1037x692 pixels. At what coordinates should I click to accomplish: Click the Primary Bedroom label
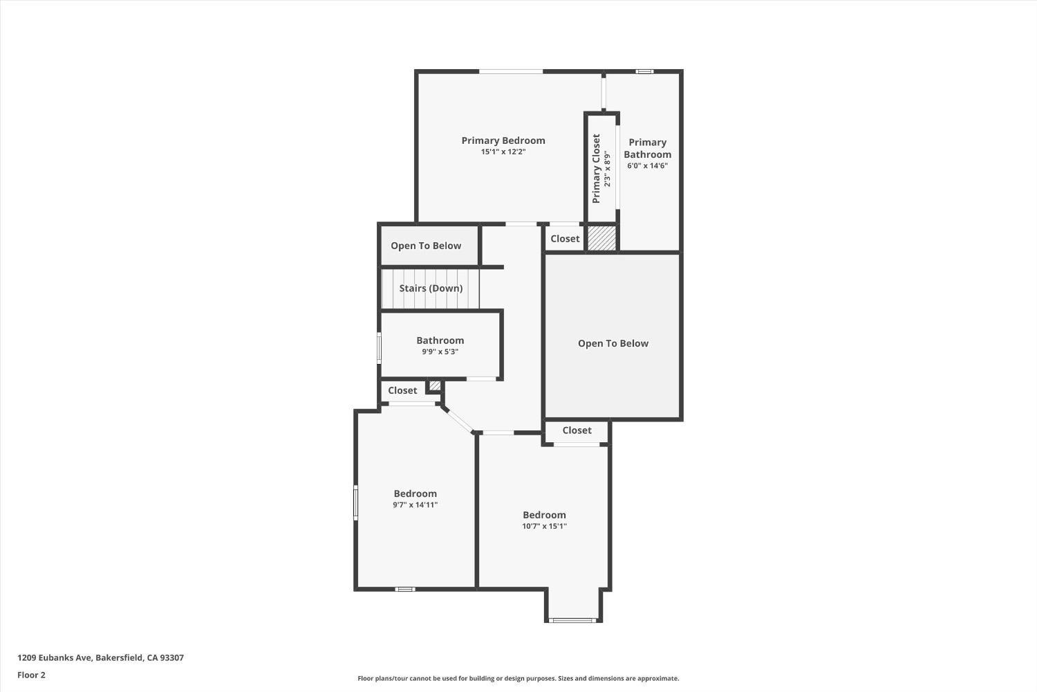coord(503,140)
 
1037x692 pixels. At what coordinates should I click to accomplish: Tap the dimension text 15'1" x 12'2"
coord(503,152)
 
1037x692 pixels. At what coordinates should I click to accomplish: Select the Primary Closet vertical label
coord(596,168)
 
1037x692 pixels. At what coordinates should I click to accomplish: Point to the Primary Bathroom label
coord(647,148)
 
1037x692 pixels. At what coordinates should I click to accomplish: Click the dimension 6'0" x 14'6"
coord(647,165)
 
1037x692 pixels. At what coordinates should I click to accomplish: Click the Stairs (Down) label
coord(431,289)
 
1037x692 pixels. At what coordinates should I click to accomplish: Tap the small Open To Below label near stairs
coord(426,246)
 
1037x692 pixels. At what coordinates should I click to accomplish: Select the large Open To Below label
coord(613,343)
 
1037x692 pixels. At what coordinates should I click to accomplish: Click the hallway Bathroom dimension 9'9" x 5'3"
coord(440,352)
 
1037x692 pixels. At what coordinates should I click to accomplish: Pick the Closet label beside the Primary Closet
coord(565,239)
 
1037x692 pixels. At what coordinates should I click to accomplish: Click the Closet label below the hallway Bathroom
coord(402,390)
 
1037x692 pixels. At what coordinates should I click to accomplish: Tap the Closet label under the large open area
coord(577,430)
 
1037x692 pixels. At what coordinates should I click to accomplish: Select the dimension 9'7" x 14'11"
coord(415,504)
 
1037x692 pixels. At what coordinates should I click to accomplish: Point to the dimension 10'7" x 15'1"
coord(544,526)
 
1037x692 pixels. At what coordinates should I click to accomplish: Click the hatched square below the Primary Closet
coord(601,239)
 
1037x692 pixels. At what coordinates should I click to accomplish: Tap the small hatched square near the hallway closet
coord(435,385)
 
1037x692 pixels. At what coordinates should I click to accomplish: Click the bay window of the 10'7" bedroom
coord(572,620)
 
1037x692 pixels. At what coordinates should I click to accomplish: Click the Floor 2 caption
coord(31,675)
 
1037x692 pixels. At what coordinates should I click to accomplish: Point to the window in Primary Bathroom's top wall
coord(644,71)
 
